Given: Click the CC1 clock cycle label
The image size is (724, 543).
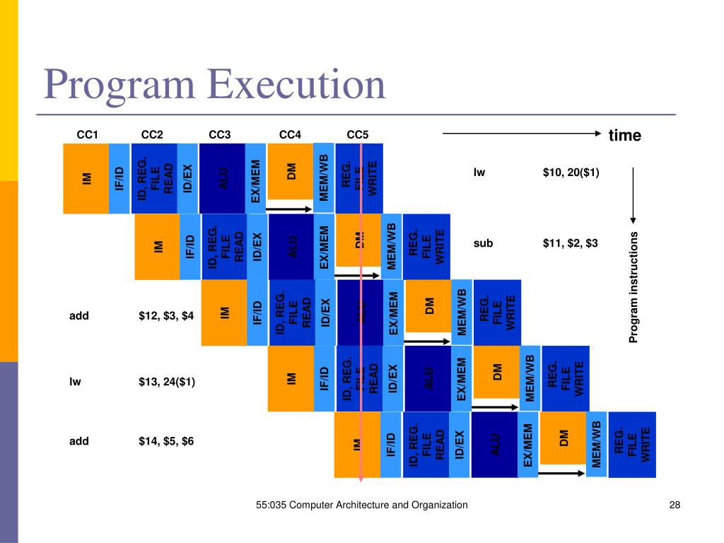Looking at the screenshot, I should point(86,135).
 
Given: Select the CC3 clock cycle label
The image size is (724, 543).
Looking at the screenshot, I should point(220,135).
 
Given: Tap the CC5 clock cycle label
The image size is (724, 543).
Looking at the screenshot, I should point(358,135).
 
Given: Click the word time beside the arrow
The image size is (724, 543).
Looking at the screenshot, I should point(624,136).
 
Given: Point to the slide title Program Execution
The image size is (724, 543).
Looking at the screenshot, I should point(214,84).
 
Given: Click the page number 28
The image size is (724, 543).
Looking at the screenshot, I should point(674,505).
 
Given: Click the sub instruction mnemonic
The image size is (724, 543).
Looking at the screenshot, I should point(483,243).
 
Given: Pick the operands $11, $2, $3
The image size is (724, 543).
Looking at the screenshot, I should point(571,243).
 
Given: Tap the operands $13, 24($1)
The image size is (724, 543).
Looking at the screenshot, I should point(167,383).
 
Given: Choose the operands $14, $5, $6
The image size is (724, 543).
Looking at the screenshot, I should point(166,441).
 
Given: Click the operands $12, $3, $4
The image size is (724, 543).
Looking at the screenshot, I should point(166,316).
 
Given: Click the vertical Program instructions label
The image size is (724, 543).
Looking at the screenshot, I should point(634,287).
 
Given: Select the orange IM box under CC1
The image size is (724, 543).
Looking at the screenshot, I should point(86,178).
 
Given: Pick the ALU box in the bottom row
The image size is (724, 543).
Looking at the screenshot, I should point(494,444).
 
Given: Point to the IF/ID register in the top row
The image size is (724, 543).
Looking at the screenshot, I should point(119,178).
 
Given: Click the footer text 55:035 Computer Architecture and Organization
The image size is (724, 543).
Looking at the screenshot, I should point(361,505).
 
